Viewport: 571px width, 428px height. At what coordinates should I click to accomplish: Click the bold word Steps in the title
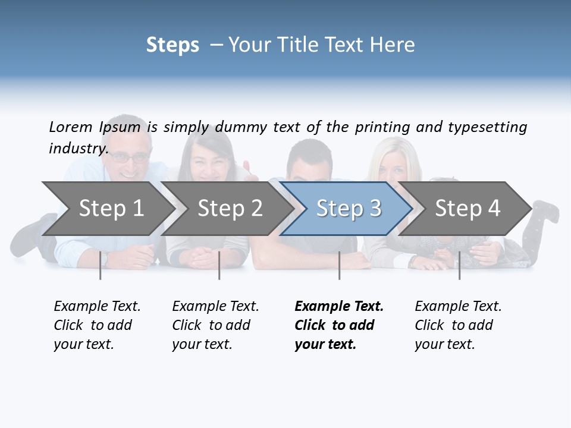(172, 45)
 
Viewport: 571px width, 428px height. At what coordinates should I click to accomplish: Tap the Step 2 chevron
(230, 209)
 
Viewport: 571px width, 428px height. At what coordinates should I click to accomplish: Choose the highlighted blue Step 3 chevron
(349, 209)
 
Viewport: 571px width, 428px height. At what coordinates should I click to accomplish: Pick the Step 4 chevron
(468, 209)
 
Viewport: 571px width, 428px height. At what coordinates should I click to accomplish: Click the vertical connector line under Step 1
(101, 265)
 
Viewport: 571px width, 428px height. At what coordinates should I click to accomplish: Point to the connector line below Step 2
(219, 265)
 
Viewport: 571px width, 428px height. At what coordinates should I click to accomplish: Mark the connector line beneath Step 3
(339, 265)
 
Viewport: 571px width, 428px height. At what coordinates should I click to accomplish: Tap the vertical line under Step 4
(459, 265)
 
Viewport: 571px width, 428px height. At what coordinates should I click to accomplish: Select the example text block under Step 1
(97, 325)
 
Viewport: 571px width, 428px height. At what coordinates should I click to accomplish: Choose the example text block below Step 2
(215, 325)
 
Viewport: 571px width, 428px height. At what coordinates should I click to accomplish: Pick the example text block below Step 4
(458, 325)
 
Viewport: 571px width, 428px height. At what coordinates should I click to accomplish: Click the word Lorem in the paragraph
(71, 127)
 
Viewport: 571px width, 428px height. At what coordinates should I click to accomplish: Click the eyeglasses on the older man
(130, 158)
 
